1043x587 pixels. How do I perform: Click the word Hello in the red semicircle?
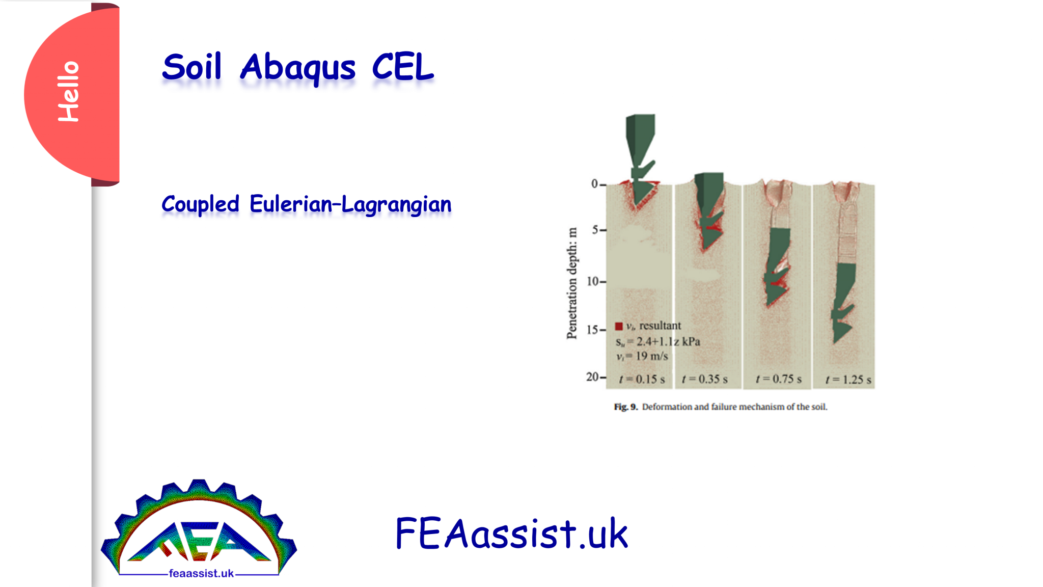tap(69, 92)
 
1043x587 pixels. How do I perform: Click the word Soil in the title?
tap(192, 67)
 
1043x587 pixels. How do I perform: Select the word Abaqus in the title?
tap(298, 68)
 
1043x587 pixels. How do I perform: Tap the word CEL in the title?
tap(402, 67)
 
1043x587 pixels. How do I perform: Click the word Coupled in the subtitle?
tap(200, 204)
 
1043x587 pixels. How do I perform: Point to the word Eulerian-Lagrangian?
tap(350, 204)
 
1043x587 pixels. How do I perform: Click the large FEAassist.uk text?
tap(511, 533)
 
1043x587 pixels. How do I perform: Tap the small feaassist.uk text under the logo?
tap(201, 574)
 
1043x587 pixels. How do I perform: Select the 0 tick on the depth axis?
tap(594, 184)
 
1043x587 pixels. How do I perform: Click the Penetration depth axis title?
tap(572, 283)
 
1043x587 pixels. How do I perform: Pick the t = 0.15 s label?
tap(642, 380)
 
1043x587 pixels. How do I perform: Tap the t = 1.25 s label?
tap(848, 380)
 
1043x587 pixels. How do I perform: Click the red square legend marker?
tap(619, 326)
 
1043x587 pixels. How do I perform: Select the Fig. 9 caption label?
tap(625, 407)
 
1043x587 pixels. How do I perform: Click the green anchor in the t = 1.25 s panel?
tap(843, 301)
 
